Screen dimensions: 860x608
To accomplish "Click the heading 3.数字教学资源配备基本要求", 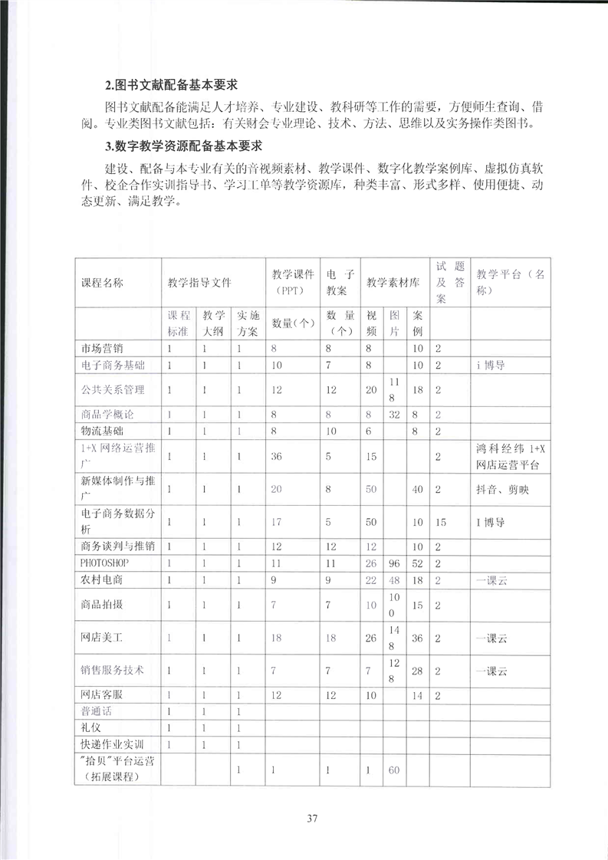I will [184, 145].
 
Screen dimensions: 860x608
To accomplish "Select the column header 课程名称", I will [101, 281].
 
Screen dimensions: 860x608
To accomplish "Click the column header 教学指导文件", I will [200, 281].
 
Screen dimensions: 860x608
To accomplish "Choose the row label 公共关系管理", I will [112, 390].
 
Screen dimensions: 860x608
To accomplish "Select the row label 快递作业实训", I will [112, 744].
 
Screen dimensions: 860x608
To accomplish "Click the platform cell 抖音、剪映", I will [502, 489].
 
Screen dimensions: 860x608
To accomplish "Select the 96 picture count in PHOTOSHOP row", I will [395, 563].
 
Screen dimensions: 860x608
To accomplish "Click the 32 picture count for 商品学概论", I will [395, 415].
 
